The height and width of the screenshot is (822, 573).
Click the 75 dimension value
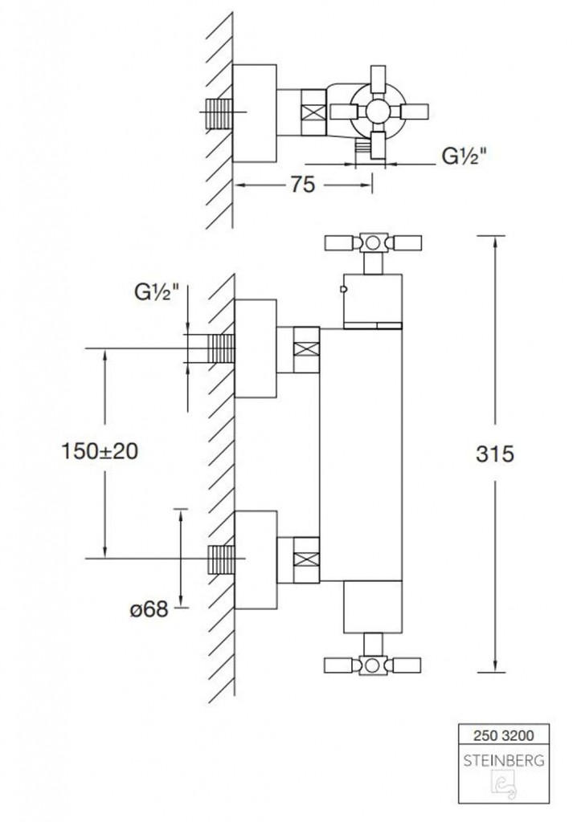(x=303, y=185)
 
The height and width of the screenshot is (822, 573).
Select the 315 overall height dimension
(x=495, y=454)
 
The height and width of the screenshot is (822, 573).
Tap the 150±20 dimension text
(x=100, y=451)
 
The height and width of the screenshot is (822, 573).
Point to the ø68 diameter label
(x=149, y=609)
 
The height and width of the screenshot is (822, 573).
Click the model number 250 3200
(x=503, y=735)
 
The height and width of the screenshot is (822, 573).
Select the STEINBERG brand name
(x=503, y=761)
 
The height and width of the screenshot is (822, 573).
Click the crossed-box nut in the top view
(x=313, y=112)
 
